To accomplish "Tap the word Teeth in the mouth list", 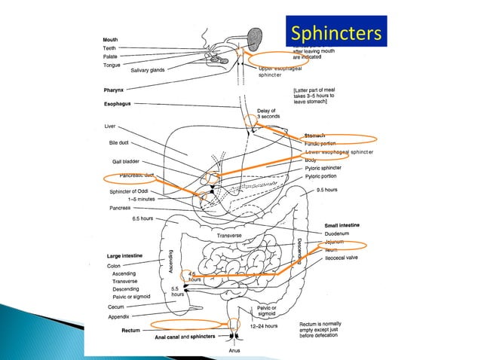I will click(x=109, y=48).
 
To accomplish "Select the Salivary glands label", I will click(x=148, y=71).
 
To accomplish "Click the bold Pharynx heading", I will click(x=116, y=90).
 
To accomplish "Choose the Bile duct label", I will click(x=118, y=142).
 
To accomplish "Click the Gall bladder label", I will click(x=125, y=161).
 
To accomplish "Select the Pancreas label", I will click(x=121, y=207).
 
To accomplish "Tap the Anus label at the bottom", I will click(x=234, y=351).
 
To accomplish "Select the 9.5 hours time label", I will click(x=327, y=189).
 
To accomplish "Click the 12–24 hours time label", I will click(x=264, y=326).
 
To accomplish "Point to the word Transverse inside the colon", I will click(x=228, y=236).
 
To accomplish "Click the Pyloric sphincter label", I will click(x=328, y=168).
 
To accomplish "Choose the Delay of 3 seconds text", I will click(x=268, y=114).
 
